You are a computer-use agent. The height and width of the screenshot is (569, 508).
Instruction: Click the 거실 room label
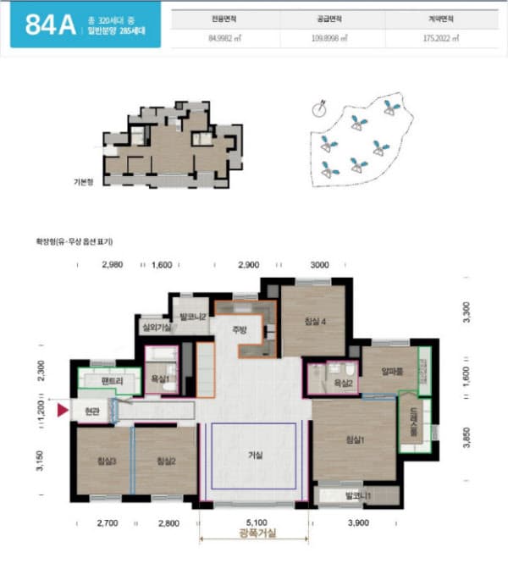point(255,456)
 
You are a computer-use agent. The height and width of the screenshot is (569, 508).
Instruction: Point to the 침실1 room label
point(356,439)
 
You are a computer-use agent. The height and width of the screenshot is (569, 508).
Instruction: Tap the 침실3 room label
point(107,461)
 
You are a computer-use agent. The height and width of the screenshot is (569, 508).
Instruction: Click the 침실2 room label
point(166,461)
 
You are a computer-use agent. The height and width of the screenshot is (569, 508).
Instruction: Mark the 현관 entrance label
point(92,411)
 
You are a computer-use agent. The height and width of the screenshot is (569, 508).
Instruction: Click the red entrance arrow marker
point(61,411)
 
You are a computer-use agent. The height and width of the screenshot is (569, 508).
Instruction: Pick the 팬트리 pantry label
point(112,382)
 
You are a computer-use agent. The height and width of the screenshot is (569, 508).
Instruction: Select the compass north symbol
point(319,108)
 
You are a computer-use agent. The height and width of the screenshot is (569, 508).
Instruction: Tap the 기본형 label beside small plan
point(83,181)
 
